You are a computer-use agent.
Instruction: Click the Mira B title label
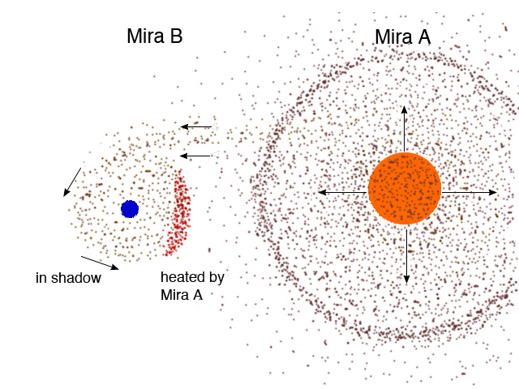154,36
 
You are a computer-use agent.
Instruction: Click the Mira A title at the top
402,37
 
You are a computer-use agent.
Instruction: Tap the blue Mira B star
130,209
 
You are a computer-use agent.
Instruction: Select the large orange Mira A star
404,188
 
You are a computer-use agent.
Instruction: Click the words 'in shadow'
68,278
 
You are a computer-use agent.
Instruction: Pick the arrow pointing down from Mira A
406,255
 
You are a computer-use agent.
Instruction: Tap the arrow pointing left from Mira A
342,193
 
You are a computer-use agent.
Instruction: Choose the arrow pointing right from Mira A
469,192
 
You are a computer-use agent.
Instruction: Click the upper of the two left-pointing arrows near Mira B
196,127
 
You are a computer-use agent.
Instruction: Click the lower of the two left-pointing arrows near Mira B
196,156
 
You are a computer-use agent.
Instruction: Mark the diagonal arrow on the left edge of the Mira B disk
73,182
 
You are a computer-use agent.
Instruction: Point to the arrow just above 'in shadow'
100,263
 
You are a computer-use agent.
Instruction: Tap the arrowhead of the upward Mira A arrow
405,109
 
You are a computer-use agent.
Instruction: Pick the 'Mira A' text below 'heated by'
181,295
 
